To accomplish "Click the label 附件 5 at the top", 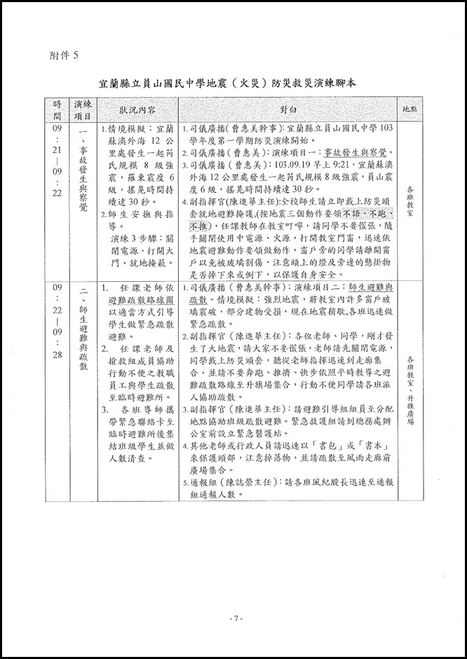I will [65, 54].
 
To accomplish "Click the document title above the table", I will [234, 83].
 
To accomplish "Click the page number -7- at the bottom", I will [234, 618].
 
